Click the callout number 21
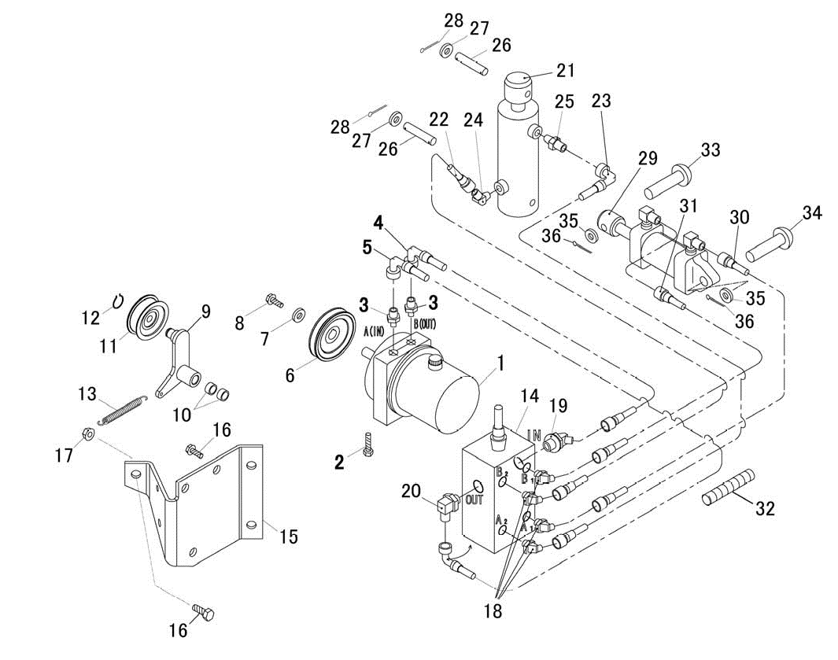566,71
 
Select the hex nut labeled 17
89,433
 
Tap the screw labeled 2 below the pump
367,444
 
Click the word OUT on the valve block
474,500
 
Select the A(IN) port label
374,331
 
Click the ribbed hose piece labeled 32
728,487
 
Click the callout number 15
289,536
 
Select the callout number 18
493,611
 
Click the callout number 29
648,159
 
